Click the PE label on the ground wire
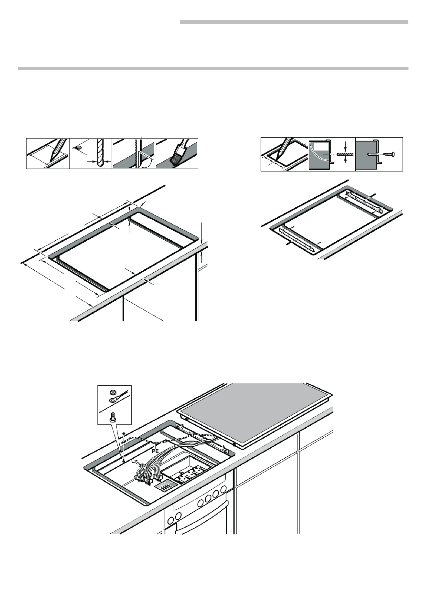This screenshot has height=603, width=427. [x=155, y=451]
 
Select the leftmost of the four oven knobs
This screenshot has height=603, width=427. [x=201, y=503]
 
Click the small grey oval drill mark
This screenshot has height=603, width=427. [x=78, y=147]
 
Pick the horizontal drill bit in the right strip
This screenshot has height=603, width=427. [x=345, y=154]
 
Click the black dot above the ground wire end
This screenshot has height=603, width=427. [x=124, y=433]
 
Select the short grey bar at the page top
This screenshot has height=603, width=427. [x=294, y=22]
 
